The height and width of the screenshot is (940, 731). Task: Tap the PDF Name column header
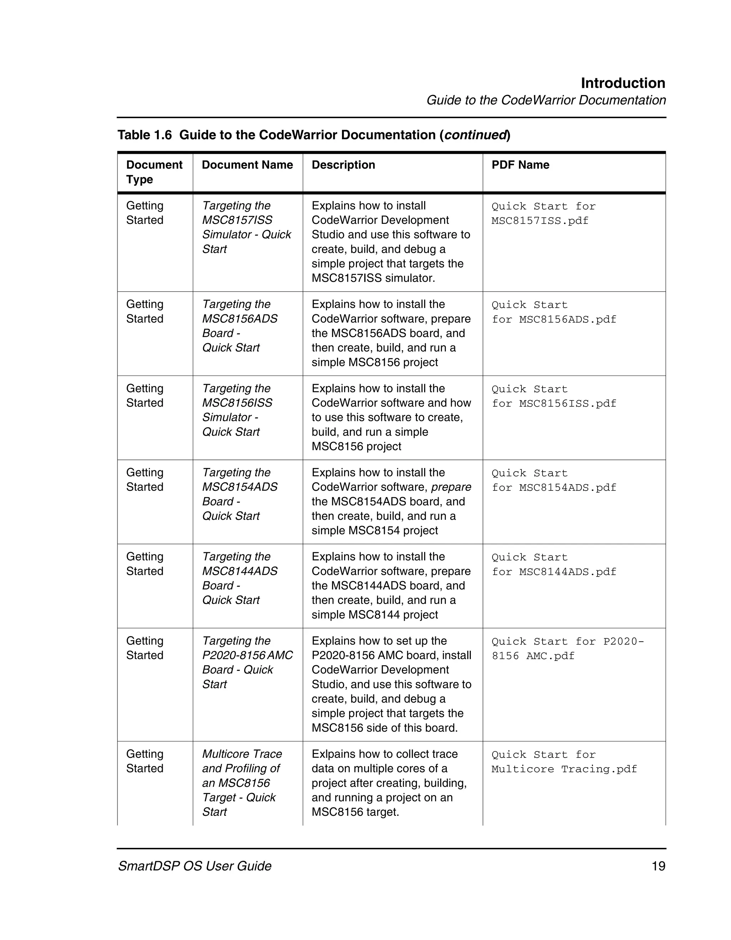pyautogui.click(x=520, y=165)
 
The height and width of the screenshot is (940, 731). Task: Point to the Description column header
pyautogui.click(x=343, y=165)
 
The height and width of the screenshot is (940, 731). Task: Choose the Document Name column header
pyautogui.click(x=247, y=165)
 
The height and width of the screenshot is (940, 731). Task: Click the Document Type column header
pyautogui.click(x=154, y=172)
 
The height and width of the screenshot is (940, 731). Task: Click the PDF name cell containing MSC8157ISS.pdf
pyautogui.click(x=543, y=213)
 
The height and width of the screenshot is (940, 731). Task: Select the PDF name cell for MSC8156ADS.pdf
pyautogui.click(x=554, y=312)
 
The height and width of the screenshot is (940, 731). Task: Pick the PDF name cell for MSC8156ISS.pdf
pyautogui.click(x=554, y=396)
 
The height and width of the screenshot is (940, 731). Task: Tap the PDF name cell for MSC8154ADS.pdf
pyautogui.click(x=554, y=480)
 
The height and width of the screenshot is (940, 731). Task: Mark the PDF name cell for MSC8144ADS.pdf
pyautogui.click(x=554, y=565)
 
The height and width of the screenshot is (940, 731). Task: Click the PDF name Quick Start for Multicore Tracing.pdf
pyautogui.click(x=564, y=762)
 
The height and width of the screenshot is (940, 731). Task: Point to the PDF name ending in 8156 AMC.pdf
pyautogui.click(x=567, y=649)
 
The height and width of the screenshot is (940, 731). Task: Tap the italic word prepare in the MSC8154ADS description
pyautogui.click(x=451, y=487)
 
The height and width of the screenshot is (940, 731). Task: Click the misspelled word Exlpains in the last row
pyautogui.click(x=333, y=754)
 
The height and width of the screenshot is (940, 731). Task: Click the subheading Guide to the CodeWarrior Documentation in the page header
pyautogui.click(x=545, y=100)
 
